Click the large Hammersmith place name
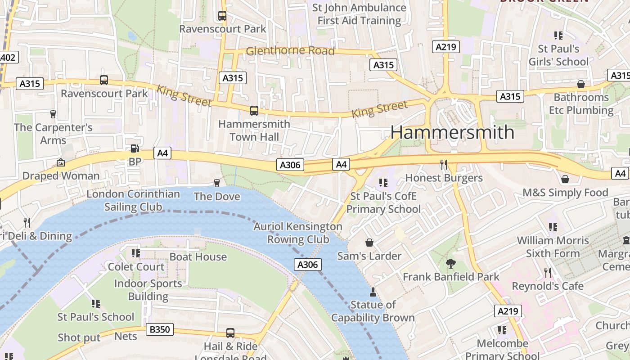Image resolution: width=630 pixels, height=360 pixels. (452, 132)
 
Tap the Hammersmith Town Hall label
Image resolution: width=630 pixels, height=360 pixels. (254, 130)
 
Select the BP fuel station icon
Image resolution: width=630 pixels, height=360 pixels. (135, 148)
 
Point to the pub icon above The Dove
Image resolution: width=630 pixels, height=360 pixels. (217, 183)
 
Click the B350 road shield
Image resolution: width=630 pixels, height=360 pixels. (159, 330)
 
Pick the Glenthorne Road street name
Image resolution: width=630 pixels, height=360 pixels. (290, 51)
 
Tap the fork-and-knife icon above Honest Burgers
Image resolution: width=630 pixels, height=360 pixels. (444, 164)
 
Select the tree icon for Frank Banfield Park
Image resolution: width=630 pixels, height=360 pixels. (450, 264)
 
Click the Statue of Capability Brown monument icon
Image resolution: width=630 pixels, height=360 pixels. (373, 292)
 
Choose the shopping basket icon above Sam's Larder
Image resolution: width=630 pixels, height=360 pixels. (369, 243)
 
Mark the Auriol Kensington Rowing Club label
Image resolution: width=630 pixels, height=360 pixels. (298, 233)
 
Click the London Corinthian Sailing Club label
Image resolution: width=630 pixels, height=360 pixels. (133, 201)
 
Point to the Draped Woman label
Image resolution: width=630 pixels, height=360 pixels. (61, 176)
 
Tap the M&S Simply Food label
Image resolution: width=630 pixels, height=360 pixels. (565, 193)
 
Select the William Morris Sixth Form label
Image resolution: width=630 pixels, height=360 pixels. (553, 247)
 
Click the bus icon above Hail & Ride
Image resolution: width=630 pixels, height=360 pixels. (230, 333)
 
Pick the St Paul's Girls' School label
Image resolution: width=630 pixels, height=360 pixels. (558, 55)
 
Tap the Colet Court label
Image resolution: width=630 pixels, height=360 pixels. (136, 267)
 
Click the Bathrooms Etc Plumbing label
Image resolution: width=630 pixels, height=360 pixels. (581, 104)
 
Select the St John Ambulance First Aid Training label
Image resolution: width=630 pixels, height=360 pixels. (359, 14)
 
